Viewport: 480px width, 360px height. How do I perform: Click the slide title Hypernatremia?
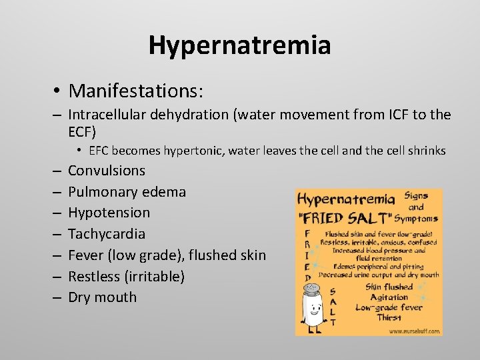click(x=239, y=45)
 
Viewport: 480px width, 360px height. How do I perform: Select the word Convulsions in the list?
click(x=107, y=171)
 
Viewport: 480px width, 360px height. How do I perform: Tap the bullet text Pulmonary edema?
click(x=127, y=192)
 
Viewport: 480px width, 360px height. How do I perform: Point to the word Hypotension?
click(x=109, y=213)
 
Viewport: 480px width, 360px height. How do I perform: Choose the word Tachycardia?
click(x=107, y=234)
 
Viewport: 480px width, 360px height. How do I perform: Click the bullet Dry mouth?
click(x=102, y=297)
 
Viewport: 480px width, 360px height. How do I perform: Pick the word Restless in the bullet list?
click(x=95, y=276)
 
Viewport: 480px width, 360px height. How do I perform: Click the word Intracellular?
click(x=109, y=115)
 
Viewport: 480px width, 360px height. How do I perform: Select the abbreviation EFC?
click(x=101, y=151)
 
